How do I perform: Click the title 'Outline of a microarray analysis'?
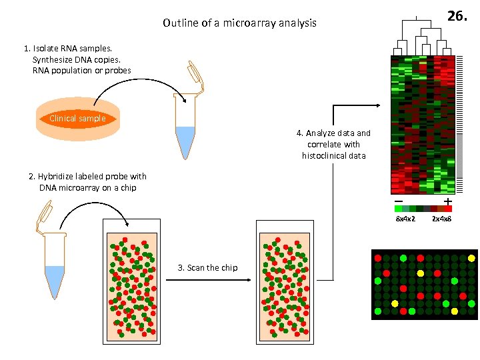click(x=239, y=23)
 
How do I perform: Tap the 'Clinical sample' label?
click(x=77, y=119)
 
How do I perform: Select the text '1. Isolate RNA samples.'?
click(x=67, y=49)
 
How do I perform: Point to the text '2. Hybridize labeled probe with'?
click(x=87, y=177)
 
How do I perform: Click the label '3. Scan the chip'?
click(x=207, y=268)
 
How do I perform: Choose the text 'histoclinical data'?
click(x=333, y=155)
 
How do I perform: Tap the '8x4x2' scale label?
click(x=405, y=219)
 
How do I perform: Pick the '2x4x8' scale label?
click(x=441, y=219)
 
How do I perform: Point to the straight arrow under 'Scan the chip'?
click(x=207, y=280)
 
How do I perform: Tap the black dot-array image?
click(x=424, y=285)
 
